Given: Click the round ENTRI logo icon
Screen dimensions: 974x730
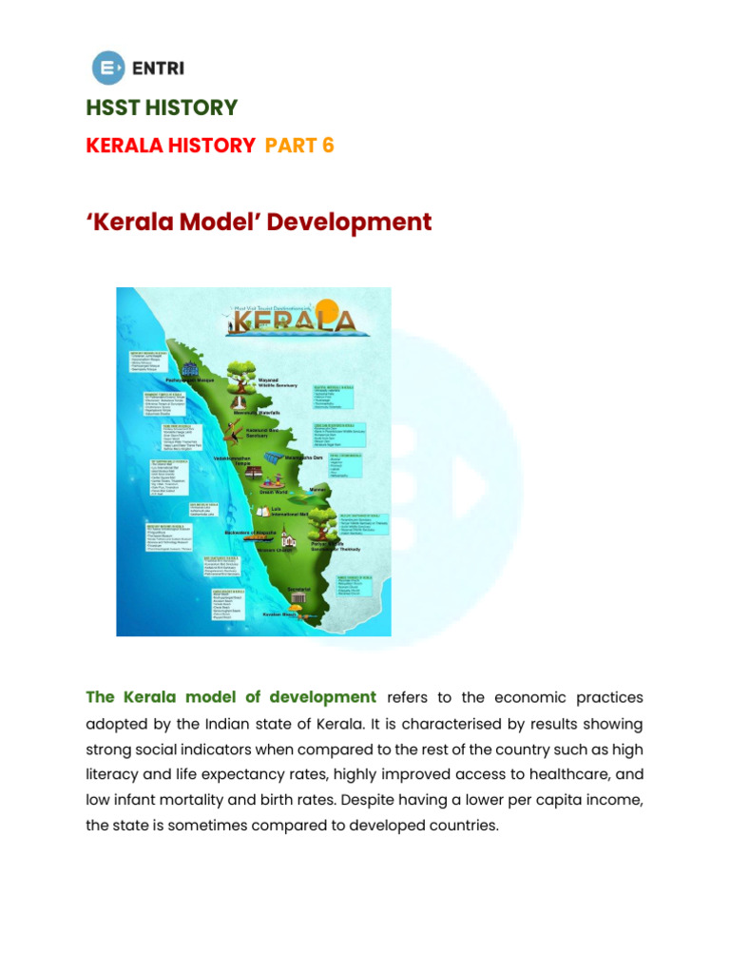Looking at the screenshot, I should coord(107,67).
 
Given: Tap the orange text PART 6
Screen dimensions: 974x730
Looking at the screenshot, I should coord(299,146).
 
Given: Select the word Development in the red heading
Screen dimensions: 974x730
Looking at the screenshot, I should coord(349,223).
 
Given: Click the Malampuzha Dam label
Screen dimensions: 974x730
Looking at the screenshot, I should coord(306,458).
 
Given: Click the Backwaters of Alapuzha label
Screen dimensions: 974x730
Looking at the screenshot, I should coord(256,532).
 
